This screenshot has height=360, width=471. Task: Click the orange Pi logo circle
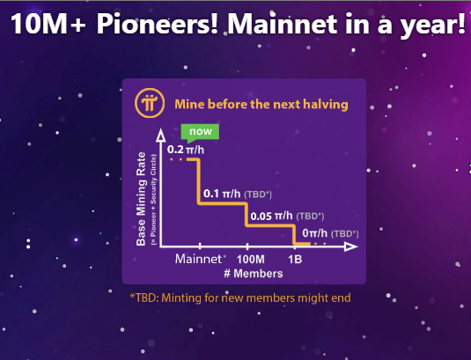coord(150,103)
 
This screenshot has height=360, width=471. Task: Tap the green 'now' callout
coord(200,132)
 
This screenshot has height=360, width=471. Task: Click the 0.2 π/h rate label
coord(186,150)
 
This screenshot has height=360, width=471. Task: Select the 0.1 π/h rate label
coord(222,194)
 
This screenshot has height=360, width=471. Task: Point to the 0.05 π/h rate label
coord(271,216)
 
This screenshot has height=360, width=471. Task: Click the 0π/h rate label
coord(315,232)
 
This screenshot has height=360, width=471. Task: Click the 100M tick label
coord(251,259)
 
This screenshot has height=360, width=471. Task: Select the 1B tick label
coord(295,259)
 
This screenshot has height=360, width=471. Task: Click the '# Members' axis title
coord(254,273)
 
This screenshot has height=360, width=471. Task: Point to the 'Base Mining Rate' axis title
coord(141,199)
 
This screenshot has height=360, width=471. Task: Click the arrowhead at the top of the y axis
coord(161,136)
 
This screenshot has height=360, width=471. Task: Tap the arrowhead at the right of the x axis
coord(351,246)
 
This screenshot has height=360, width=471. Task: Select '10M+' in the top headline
coord(48,24)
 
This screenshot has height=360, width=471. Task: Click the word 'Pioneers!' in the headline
coord(157,24)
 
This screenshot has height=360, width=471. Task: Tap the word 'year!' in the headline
coord(433,26)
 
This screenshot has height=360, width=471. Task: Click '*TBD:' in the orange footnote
coord(144,298)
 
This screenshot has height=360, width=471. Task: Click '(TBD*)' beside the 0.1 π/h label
coord(258,195)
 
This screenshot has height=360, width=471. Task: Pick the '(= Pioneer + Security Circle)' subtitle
coord(154,200)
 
